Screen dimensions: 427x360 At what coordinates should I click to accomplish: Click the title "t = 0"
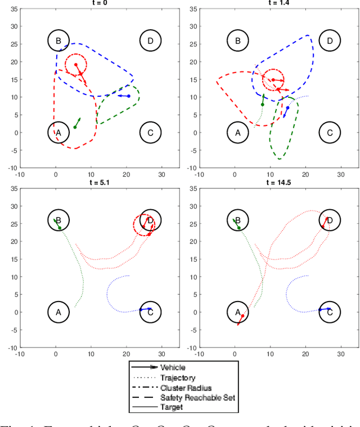[x=94, y=3]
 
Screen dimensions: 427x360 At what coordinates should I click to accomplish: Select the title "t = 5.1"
[x=94, y=182]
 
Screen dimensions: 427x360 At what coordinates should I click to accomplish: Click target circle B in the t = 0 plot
[x=58, y=41]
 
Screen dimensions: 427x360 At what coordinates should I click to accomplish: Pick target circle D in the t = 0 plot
[x=150, y=41]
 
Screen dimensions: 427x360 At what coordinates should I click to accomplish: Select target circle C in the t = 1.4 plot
[x=330, y=133]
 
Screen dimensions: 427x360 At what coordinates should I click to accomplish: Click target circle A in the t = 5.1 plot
[x=58, y=312]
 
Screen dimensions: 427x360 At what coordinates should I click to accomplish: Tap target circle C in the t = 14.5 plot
[x=330, y=312]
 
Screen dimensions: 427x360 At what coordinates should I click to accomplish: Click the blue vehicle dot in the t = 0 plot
[x=129, y=96]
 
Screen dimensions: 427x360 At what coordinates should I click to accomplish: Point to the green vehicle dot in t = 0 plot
[x=75, y=127]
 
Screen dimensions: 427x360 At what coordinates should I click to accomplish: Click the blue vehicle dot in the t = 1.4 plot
[x=287, y=108]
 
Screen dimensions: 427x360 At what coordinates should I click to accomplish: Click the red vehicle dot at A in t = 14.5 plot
[x=243, y=316]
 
